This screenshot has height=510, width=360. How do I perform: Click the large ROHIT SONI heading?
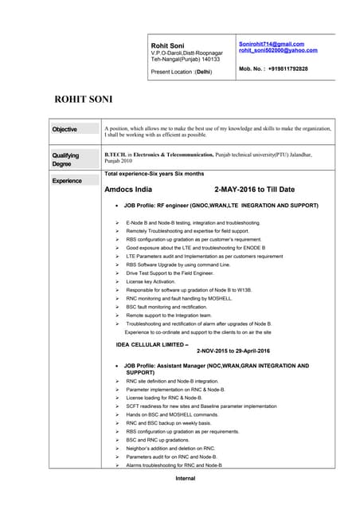83,100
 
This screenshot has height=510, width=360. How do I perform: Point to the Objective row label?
65,129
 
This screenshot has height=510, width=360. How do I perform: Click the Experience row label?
67,181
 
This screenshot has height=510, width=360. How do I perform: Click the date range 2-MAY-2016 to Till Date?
255,190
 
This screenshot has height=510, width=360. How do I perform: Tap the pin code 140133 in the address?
209,60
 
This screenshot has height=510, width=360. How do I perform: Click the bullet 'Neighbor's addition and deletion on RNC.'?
170,448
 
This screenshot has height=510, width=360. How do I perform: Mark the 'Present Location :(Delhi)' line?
181,72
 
